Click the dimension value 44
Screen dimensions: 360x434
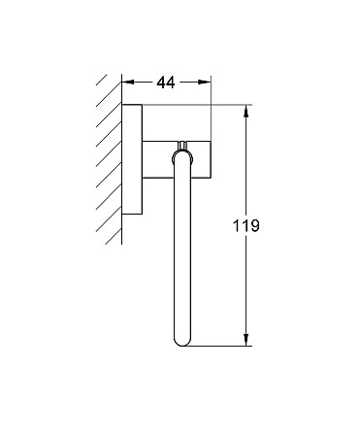pos(166,83)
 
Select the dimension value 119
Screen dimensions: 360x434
pos(246,225)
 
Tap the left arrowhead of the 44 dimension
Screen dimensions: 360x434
pos(128,83)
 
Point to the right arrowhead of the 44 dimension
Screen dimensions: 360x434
pos(205,83)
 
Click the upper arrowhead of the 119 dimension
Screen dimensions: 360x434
pos(246,111)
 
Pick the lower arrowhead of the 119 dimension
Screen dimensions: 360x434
pos(246,340)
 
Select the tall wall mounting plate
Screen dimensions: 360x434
pos(132,159)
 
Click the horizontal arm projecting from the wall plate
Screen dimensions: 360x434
pos(177,159)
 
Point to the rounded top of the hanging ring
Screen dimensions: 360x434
pos(182,153)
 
